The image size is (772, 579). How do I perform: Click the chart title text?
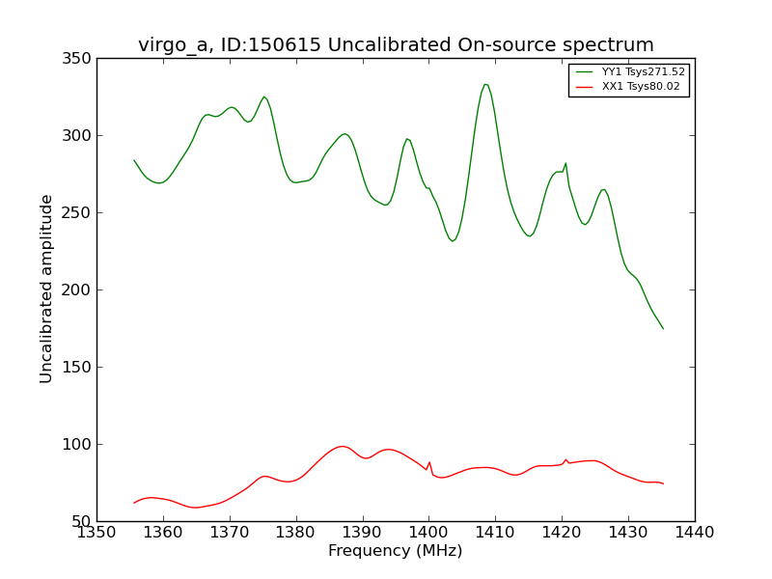(396, 45)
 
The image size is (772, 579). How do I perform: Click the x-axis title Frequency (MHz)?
(396, 551)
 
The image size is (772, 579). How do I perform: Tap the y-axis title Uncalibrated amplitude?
(47, 289)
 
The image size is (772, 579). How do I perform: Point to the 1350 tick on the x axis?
(96, 532)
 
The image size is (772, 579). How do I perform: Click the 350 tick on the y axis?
(80, 59)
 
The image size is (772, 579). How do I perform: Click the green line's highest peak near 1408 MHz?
(485, 84)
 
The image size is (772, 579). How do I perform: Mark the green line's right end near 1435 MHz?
(663, 328)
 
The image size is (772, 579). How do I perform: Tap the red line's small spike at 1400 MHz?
(429, 462)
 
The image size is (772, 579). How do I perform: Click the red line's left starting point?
(134, 503)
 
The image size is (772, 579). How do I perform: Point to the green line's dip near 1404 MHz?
(453, 241)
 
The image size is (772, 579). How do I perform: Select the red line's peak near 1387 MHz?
(343, 446)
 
